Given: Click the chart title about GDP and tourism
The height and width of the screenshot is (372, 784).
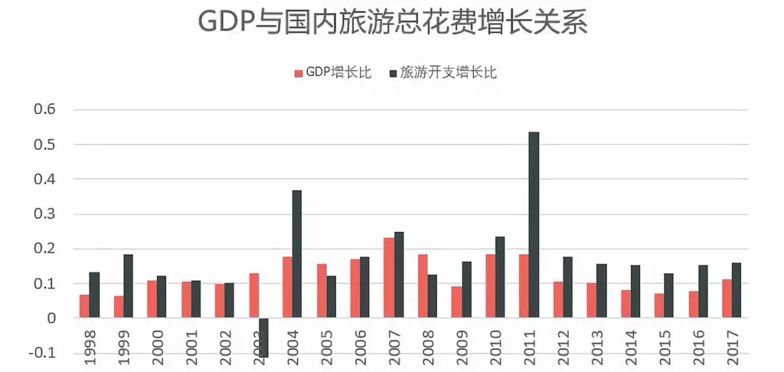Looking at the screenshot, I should [x=392, y=23].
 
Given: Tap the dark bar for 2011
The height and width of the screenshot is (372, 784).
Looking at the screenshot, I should [x=534, y=225].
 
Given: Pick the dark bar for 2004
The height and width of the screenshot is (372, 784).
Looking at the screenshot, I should [x=297, y=254].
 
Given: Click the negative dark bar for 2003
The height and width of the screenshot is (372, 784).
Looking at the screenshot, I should [x=263, y=337].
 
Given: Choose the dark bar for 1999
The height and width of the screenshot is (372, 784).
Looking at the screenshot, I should [x=128, y=286].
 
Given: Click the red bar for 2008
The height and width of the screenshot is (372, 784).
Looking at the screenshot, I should [x=422, y=286].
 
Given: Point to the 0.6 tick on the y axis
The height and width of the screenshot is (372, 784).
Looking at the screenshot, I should [x=43, y=110].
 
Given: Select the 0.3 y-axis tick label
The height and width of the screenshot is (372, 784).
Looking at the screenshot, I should [x=43, y=214].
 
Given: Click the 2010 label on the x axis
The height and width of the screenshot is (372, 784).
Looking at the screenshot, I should [x=496, y=350].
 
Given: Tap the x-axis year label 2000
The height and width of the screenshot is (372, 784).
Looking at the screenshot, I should [x=157, y=350].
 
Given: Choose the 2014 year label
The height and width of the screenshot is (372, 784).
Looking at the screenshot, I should [x=632, y=350].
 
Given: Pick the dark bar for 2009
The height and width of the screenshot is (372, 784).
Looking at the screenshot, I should [x=466, y=290].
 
